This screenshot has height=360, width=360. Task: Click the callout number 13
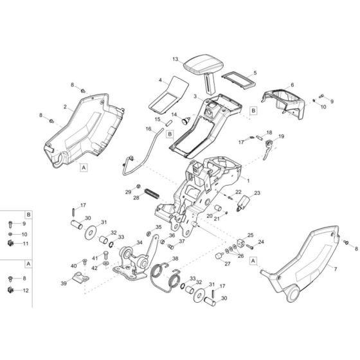click(x=175, y=59)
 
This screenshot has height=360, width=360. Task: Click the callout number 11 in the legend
click(x=26, y=244)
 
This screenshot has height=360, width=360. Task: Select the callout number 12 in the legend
click(x=26, y=291)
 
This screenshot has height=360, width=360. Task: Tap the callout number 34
click(x=139, y=242)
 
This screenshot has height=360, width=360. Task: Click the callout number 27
click(x=228, y=264)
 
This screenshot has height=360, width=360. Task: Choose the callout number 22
click(x=238, y=192)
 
